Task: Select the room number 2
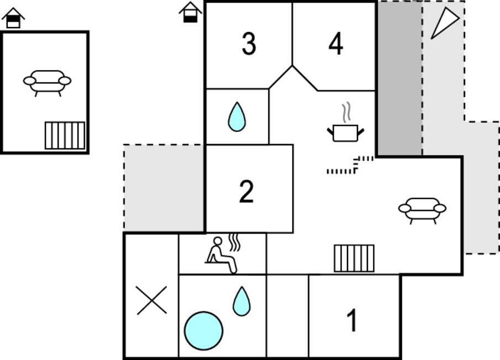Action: [x=246, y=191]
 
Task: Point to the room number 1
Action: [x=352, y=320]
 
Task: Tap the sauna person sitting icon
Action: [x=222, y=254]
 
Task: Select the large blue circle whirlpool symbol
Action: [x=203, y=331]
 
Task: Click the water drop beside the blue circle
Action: [x=241, y=301]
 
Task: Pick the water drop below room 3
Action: [x=237, y=117]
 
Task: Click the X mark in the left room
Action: [x=152, y=300]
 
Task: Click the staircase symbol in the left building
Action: [x=65, y=135]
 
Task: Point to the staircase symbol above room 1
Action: [x=354, y=258]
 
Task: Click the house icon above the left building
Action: [x=13, y=18]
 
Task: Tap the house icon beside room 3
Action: [x=191, y=12]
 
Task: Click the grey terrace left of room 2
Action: [x=164, y=188]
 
